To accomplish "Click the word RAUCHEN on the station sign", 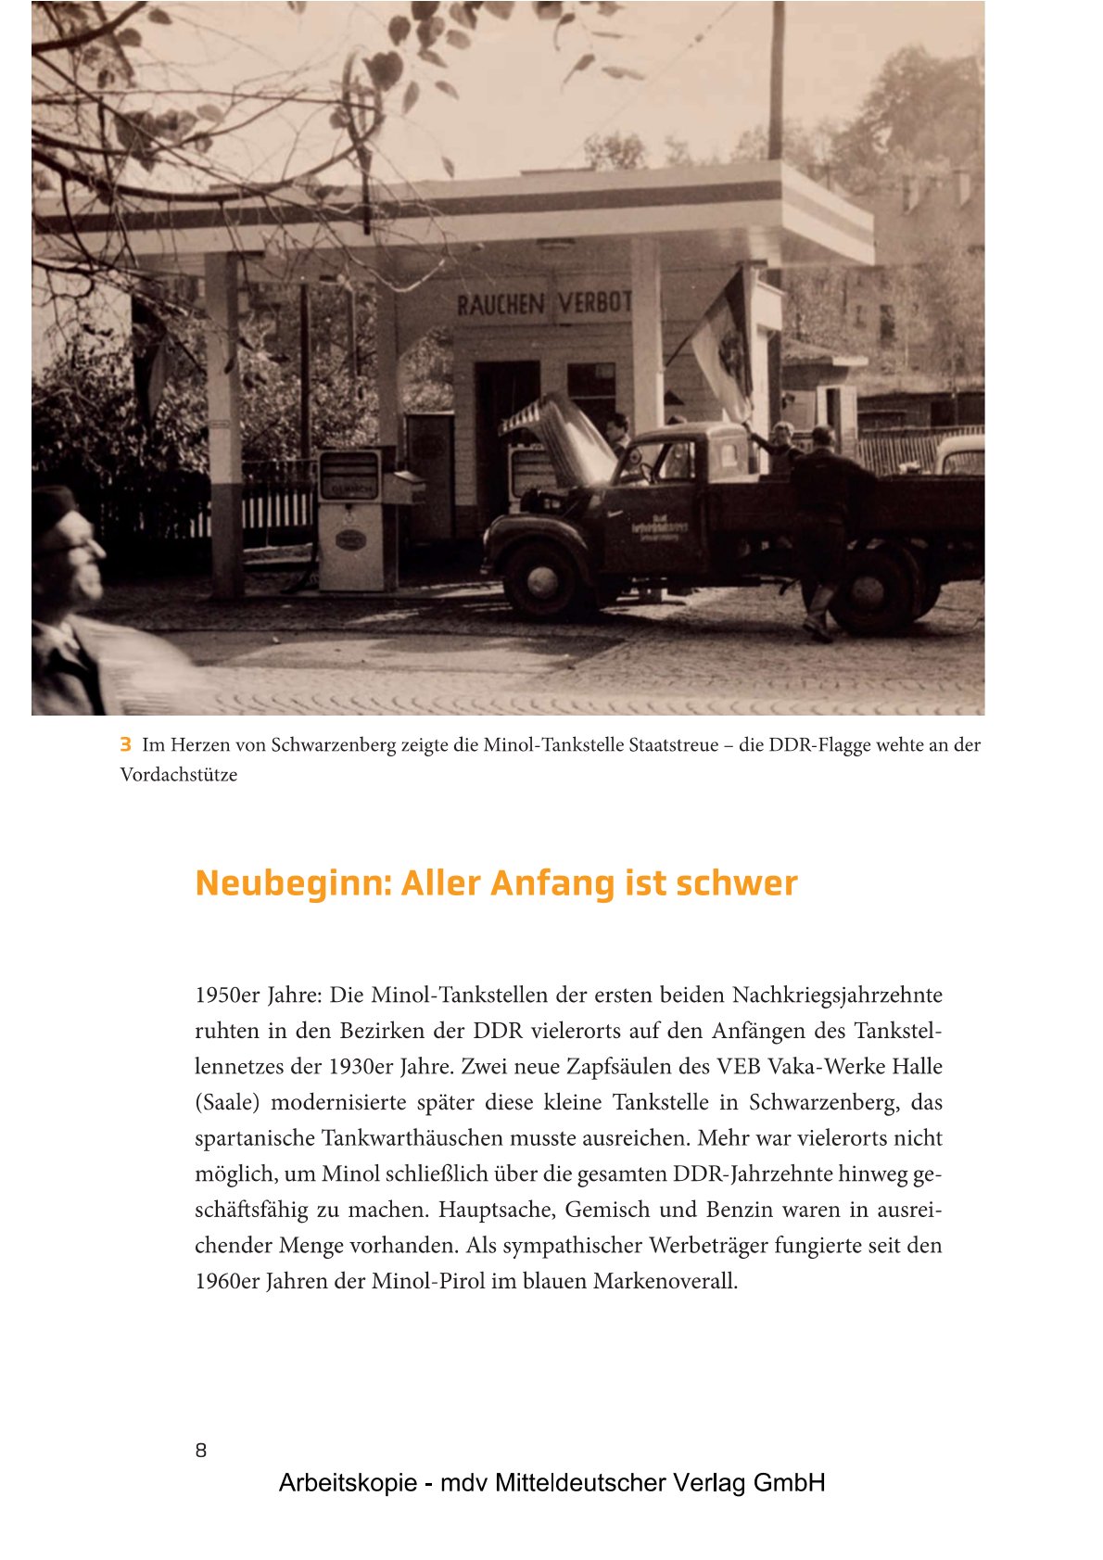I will coord(501,304).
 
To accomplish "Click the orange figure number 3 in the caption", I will coord(125,744).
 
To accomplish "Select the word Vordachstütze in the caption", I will coord(179,775).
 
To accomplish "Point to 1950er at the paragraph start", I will coord(226,996).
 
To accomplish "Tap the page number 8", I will coord(201,1451).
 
